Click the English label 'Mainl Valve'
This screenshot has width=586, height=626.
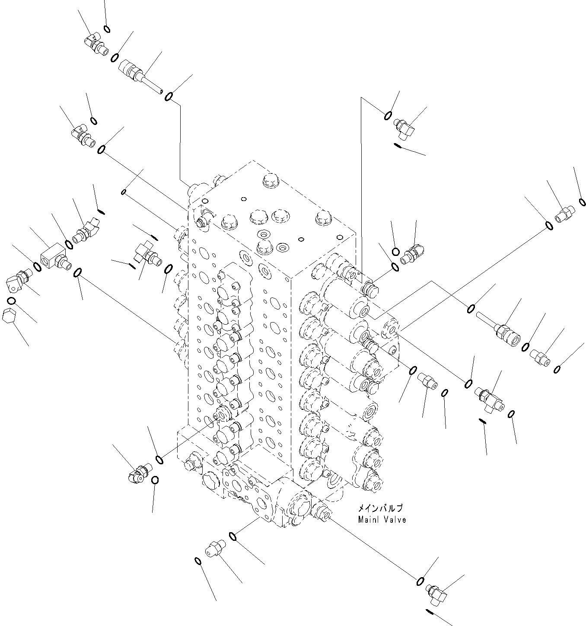(x=382, y=520)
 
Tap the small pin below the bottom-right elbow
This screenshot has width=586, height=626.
(x=430, y=611)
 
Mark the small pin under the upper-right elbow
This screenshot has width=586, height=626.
(x=398, y=146)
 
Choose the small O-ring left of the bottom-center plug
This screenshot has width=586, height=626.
(x=198, y=561)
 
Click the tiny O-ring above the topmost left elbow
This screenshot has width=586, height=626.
(x=107, y=29)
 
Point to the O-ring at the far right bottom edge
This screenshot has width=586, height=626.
(x=558, y=369)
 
